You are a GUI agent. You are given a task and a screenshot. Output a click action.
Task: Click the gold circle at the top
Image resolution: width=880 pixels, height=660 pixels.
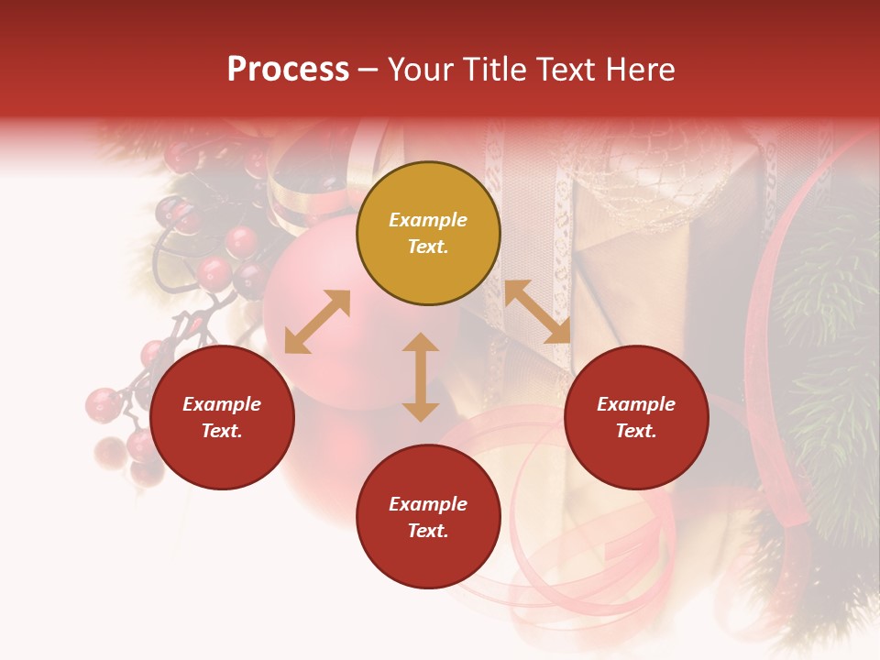pyautogui.click(x=428, y=234)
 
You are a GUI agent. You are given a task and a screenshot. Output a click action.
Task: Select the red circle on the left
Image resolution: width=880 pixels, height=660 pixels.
pyautogui.click(x=222, y=417)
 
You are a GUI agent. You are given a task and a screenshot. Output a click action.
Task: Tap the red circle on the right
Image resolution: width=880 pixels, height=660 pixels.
pyautogui.click(x=636, y=417)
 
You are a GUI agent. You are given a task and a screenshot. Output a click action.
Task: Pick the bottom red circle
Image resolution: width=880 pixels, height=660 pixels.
pyautogui.click(x=428, y=517)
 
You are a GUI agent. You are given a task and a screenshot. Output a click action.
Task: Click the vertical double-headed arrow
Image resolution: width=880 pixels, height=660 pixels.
pyautogui.click(x=421, y=377)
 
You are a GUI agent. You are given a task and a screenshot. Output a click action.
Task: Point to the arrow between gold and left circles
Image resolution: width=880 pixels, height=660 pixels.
pyautogui.click(x=317, y=322)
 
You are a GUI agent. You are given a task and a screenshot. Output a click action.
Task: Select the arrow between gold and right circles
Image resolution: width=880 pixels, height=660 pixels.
pyautogui.click(x=537, y=312)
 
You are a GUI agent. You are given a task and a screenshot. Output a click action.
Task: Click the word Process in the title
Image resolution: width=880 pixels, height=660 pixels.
pyautogui.click(x=288, y=70)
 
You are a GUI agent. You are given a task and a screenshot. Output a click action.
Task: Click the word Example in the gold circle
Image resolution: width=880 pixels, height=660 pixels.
pyautogui.click(x=428, y=220)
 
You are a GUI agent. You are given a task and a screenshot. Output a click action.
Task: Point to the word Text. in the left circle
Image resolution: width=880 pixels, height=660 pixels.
pyautogui.click(x=222, y=431)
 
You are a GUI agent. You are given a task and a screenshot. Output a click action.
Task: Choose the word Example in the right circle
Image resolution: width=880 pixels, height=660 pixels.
pyautogui.click(x=636, y=404)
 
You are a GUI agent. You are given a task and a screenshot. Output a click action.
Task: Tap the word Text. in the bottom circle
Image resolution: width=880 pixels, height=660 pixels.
pyautogui.click(x=428, y=531)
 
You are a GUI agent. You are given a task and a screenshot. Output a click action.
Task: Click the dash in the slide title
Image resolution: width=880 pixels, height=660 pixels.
pyautogui.click(x=368, y=71)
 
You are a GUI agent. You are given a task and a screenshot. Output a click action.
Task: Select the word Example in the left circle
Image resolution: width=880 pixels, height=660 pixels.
pyautogui.click(x=222, y=404)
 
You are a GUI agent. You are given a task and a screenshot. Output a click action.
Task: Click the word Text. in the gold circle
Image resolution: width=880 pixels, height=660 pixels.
pyautogui.click(x=428, y=247)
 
